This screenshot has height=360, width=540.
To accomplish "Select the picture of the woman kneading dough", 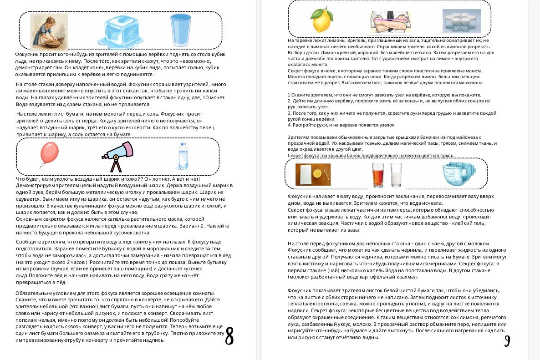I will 49,31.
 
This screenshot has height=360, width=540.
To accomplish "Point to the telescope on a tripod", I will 117,156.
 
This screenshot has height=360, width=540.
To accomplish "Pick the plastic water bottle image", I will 183,157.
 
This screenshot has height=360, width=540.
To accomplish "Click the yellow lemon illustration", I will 322,20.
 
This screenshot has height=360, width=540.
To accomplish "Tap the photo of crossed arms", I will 389,21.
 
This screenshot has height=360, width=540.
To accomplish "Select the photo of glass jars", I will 461,21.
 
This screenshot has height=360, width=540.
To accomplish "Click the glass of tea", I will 378,175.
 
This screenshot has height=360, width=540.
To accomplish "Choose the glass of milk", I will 396,175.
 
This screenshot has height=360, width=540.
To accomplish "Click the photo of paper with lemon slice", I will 313,175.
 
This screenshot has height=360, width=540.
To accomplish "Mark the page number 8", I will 229,336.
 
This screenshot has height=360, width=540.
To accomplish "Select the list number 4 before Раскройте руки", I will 289,125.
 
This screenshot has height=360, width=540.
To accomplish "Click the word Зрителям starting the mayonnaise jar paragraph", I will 298,137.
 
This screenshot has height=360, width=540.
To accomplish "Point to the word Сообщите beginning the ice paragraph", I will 28,242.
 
